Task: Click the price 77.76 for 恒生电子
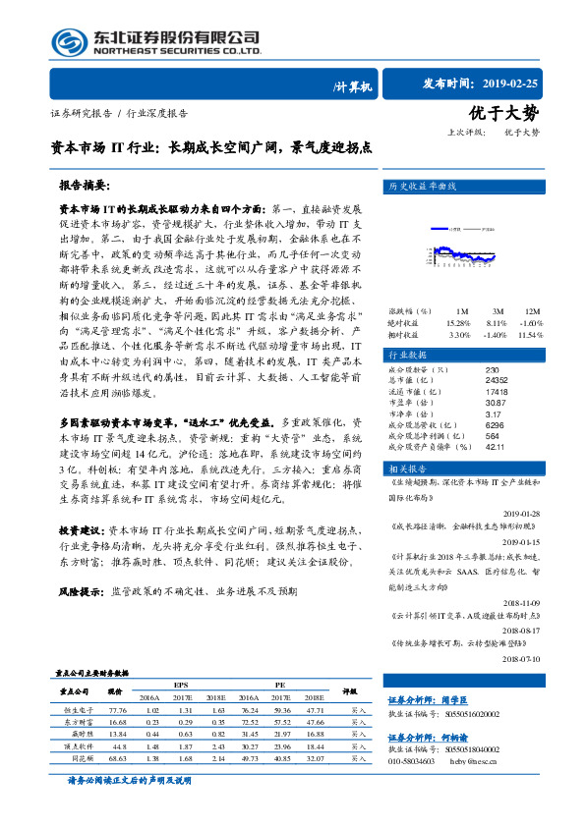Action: click(118, 709)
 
